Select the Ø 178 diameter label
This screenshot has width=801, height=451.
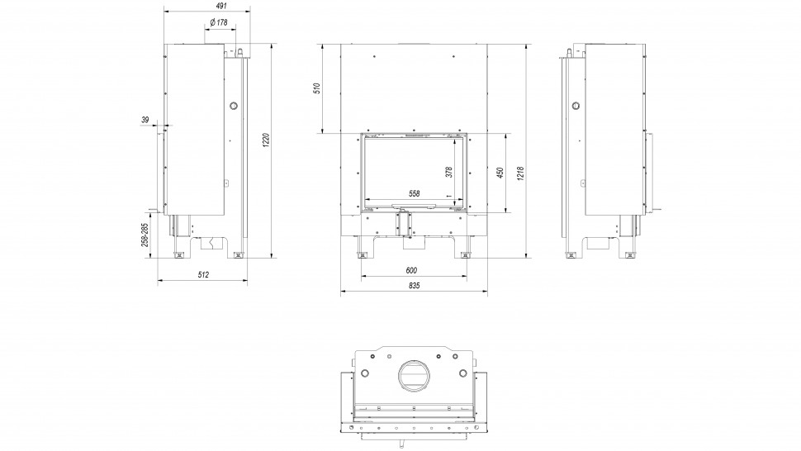(219, 22)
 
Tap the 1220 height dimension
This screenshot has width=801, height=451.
(266, 140)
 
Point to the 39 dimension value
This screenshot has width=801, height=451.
(145, 120)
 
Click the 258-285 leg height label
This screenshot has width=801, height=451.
(145, 235)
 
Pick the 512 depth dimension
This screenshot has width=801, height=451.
(203, 275)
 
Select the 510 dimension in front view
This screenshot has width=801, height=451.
(317, 89)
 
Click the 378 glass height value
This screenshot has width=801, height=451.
(448, 172)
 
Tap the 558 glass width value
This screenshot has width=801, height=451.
(415, 193)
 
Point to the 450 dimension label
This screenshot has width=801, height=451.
(500, 173)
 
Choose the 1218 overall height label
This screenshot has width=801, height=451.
(520, 173)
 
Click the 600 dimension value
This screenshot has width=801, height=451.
(411, 270)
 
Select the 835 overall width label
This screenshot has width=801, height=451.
(415, 286)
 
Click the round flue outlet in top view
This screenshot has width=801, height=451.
(414, 377)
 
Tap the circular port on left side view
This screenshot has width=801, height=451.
(234, 106)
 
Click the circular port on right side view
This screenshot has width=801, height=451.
(576, 106)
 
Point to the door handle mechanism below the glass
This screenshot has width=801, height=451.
(404, 224)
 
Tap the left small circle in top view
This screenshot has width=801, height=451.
(365, 373)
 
